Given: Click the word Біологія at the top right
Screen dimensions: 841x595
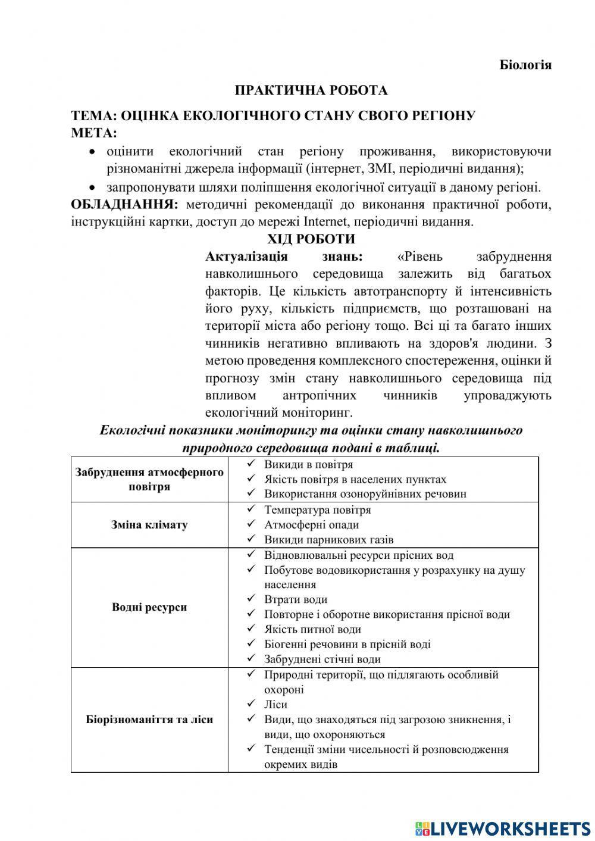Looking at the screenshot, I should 525,65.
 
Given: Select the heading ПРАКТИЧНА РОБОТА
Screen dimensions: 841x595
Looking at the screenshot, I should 311,90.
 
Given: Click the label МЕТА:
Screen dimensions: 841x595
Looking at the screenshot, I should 94,132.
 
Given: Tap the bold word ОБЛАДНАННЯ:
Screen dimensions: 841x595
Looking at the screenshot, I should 124,205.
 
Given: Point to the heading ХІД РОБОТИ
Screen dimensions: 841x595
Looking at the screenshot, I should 311,239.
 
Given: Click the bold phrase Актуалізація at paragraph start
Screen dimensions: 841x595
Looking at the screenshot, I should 246,257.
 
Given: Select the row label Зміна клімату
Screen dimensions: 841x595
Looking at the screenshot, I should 149,525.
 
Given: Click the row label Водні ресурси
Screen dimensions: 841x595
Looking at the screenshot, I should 149,607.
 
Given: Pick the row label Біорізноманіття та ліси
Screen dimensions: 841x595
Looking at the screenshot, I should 149,720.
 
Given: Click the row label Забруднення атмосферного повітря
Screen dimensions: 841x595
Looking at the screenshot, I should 149,479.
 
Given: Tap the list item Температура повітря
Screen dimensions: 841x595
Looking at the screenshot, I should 317,510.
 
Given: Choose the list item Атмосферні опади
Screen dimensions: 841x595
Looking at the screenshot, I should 311,525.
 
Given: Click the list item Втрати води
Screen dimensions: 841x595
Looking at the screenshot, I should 295,599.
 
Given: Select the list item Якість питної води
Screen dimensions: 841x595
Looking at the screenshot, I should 312,629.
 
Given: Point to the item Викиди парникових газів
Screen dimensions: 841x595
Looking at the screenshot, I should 328,540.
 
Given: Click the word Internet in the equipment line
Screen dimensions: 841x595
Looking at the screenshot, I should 325,222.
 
